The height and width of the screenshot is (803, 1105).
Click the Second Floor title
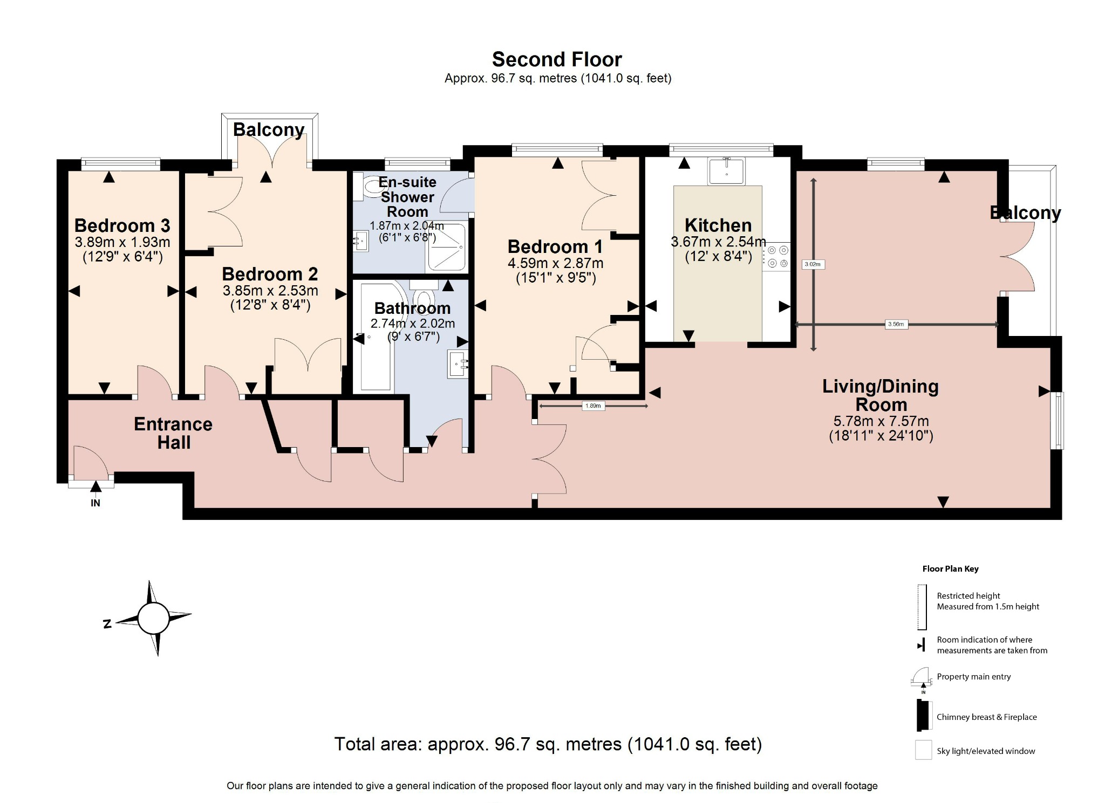click(x=557, y=59)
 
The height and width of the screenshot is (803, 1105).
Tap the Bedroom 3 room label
click(x=122, y=225)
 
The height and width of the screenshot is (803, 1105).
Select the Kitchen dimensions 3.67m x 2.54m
click(x=718, y=242)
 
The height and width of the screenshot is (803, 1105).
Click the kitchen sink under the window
click(x=726, y=171)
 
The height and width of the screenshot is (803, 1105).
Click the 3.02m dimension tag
click(x=813, y=264)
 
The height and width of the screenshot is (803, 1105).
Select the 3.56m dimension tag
click(x=896, y=325)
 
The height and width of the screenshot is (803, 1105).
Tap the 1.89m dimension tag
click(x=593, y=406)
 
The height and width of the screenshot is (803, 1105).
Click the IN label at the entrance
click(x=96, y=503)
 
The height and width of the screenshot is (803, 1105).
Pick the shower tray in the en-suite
click(x=446, y=248)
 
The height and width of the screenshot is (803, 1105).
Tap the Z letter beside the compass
click(x=107, y=624)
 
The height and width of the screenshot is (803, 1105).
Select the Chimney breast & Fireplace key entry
click(x=986, y=717)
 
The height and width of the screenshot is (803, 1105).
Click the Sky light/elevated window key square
click(x=923, y=750)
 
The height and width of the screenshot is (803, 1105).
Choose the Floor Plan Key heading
click(x=950, y=569)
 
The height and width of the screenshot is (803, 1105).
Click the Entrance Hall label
click(x=173, y=433)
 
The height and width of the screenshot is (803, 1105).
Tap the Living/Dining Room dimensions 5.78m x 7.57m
click(x=881, y=422)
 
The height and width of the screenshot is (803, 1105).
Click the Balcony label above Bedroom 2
click(x=269, y=130)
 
